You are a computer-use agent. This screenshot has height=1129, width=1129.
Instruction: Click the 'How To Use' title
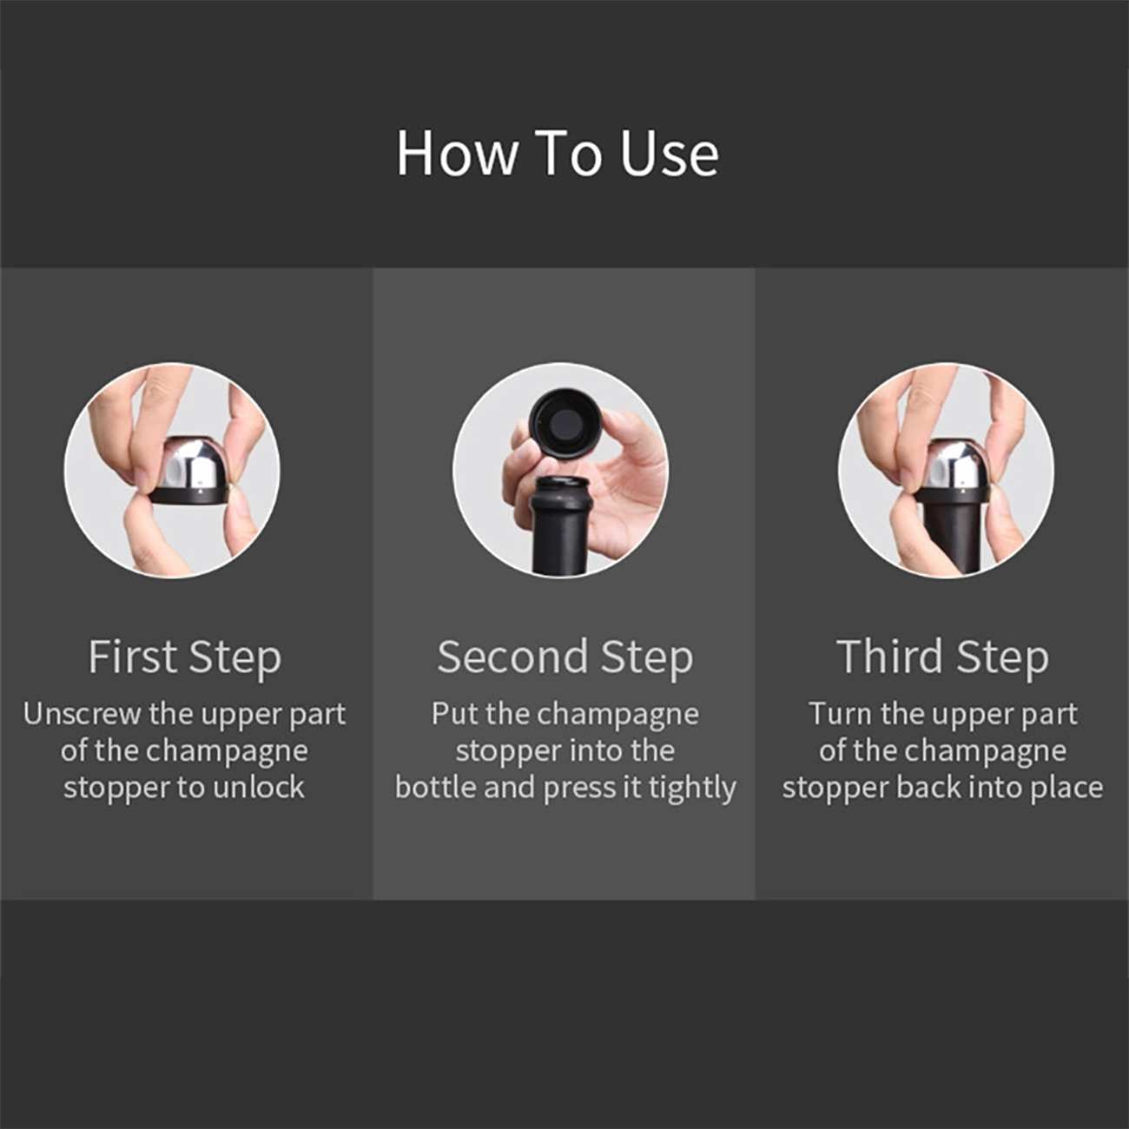558,154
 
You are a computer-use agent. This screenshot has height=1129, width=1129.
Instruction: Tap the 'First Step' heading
185,657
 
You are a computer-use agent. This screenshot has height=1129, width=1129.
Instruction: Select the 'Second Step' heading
564,657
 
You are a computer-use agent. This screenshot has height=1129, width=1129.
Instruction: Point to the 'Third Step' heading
942,657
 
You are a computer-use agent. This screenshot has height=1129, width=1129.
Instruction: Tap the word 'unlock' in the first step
259,787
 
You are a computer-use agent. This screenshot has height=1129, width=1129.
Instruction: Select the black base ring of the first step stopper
188,496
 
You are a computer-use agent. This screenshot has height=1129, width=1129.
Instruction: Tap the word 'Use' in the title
669,154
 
